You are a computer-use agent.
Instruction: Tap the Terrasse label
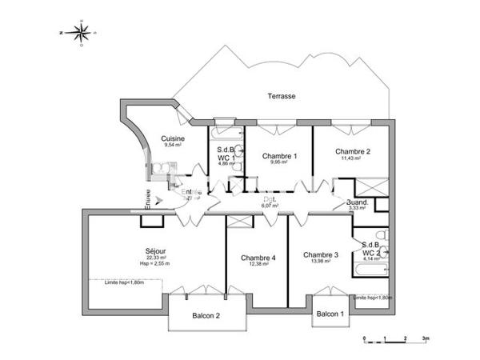click(x=282, y=96)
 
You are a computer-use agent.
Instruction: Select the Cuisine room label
click(x=174, y=138)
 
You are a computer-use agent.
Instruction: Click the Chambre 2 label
click(x=352, y=151)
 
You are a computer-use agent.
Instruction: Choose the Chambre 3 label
click(x=321, y=255)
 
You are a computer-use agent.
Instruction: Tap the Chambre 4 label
click(x=258, y=258)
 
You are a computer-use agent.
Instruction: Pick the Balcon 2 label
click(x=206, y=316)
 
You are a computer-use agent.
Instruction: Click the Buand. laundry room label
click(x=357, y=203)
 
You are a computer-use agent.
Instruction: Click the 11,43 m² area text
click(x=352, y=158)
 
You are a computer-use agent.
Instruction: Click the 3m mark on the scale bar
click(x=426, y=339)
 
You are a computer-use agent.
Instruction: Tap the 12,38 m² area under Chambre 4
click(x=258, y=265)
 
